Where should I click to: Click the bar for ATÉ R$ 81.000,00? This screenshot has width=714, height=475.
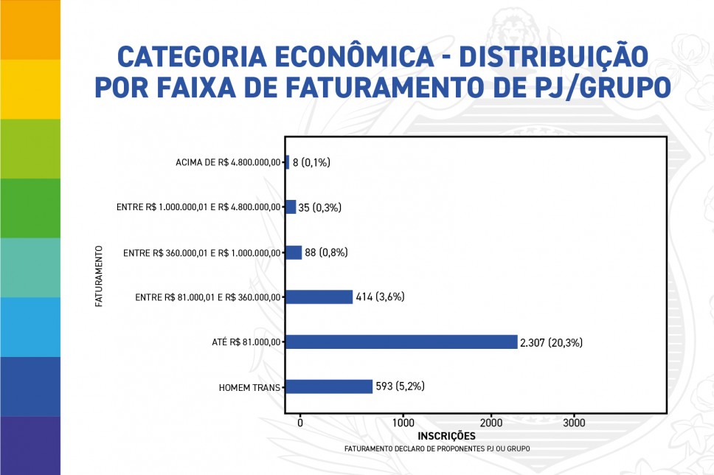(x=401, y=341)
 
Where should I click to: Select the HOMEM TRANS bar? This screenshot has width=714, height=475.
(x=329, y=386)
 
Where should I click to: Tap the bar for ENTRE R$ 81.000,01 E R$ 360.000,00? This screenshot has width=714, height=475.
(x=319, y=297)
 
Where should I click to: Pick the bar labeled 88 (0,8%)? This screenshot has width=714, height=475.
(x=294, y=252)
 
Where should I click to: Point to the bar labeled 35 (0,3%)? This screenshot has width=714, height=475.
(x=291, y=207)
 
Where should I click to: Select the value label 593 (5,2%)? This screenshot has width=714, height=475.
(x=400, y=386)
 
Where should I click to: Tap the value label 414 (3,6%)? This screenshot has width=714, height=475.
(x=381, y=297)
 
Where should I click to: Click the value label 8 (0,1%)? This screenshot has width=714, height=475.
(x=311, y=162)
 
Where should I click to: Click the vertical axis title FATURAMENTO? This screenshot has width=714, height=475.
(x=98, y=276)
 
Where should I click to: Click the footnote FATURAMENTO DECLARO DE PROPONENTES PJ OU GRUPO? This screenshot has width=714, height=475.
(x=437, y=448)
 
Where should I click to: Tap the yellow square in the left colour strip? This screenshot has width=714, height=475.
(x=30, y=89)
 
